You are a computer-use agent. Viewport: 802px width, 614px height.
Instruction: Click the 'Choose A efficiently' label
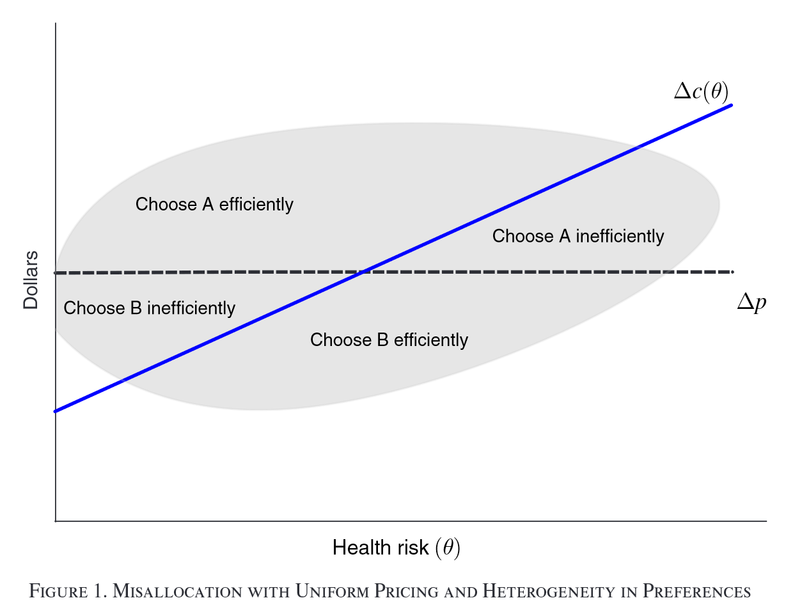click(214, 205)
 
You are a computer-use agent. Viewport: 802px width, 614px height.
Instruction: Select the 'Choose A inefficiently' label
click(578, 237)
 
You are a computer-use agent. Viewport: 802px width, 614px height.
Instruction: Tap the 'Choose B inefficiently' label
click(150, 308)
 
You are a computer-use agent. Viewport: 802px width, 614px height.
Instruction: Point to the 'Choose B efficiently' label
click(389, 340)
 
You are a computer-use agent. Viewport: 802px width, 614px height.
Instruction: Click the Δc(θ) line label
click(701, 92)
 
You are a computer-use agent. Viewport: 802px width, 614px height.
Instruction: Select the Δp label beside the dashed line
click(751, 302)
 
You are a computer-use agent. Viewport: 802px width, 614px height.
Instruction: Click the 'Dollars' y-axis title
click(31, 280)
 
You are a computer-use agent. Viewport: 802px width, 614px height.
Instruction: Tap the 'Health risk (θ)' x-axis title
click(397, 548)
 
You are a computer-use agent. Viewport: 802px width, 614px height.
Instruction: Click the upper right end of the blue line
click(731, 105)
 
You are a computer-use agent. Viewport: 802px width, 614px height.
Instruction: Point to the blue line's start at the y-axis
click(56, 411)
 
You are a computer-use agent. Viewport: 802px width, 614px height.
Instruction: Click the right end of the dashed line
click(732, 272)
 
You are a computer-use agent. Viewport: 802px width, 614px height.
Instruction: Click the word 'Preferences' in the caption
click(696, 592)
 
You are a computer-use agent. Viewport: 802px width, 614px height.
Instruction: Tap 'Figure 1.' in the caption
click(68, 592)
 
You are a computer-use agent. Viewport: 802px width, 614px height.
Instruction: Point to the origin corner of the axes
click(56, 521)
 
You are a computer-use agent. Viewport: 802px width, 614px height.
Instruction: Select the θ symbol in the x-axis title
click(448, 548)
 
